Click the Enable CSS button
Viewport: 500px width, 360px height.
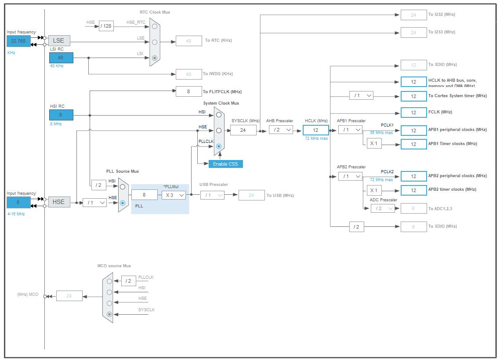point(225,164)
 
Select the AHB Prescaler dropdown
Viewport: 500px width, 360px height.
point(281,130)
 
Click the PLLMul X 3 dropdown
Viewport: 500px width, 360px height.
point(174,195)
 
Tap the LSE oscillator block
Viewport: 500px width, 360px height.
point(59,40)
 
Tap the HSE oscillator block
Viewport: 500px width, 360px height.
point(59,202)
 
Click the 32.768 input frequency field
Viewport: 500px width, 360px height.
point(18,41)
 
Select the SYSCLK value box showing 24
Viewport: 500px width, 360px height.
point(243,130)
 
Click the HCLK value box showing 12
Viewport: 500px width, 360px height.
point(315,130)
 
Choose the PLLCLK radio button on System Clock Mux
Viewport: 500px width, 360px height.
point(219,146)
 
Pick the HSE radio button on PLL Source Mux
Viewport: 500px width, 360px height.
point(123,203)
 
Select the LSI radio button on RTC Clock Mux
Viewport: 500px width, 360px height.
point(155,58)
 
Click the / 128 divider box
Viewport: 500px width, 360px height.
point(106,26)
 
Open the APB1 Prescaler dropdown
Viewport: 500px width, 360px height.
point(350,130)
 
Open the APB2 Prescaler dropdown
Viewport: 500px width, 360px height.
point(350,176)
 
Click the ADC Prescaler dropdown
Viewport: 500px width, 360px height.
point(383,208)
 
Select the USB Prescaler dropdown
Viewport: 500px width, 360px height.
point(212,195)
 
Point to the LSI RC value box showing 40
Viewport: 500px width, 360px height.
point(61,58)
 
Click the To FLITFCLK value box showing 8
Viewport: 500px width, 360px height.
point(188,91)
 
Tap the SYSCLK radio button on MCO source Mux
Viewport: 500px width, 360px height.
point(109,314)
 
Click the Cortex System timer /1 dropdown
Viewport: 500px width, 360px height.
point(361,95)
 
